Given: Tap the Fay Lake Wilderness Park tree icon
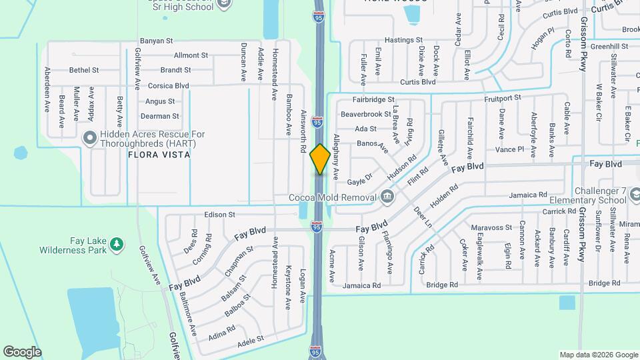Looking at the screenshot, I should (117, 245).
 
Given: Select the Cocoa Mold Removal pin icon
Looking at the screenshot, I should (387, 197).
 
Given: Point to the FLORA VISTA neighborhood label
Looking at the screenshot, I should (160, 155).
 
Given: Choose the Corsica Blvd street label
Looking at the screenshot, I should (168, 86).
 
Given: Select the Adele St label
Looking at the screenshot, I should (251, 339).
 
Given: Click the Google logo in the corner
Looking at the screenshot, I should (23, 351).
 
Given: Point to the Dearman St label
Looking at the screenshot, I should (161, 116).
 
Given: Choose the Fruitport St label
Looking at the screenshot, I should (503, 98).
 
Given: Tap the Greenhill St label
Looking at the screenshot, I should (609, 46).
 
